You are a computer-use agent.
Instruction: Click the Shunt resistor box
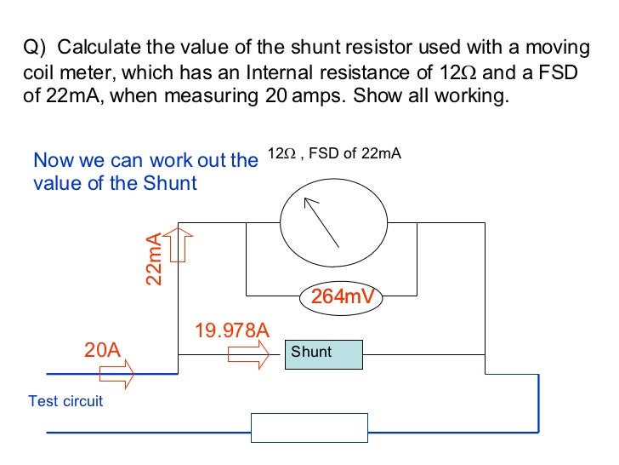click(323, 353)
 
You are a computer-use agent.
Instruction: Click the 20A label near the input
click(102, 350)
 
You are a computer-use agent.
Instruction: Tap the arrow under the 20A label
click(116, 373)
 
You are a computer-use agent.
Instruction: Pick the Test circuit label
click(65, 400)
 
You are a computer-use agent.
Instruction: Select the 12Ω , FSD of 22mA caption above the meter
click(333, 154)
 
